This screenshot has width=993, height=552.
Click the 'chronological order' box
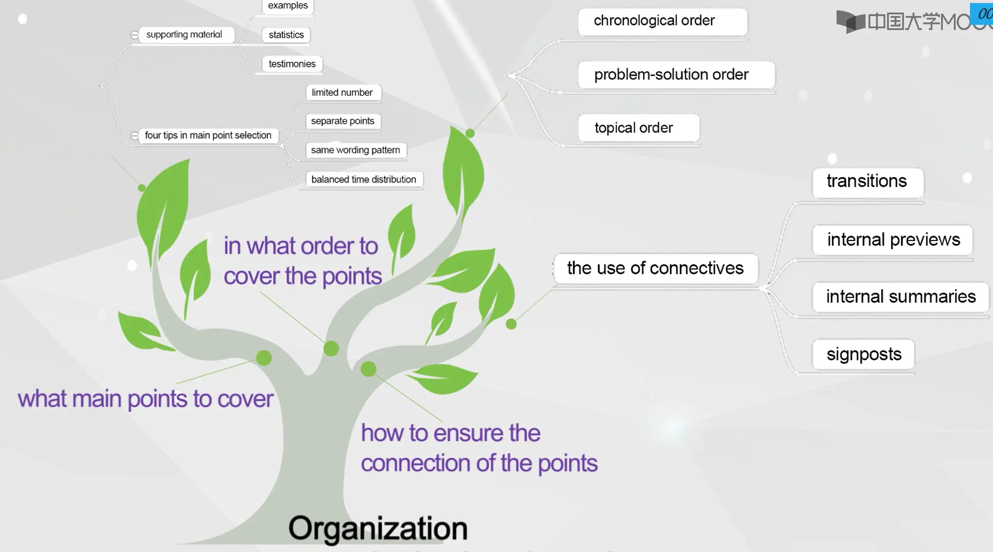(x=662, y=21)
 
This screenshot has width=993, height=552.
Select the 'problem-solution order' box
(x=676, y=75)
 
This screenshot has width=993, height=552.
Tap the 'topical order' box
(x=639, y=128)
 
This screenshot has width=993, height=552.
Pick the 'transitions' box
(x=868, y=182)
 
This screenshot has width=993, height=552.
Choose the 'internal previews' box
(x=892, y=240)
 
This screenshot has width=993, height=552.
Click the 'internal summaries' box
(x=900, y=297)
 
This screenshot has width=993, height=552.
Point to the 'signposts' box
(x=863, y=354)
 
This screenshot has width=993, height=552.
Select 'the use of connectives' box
(x=655, y=269)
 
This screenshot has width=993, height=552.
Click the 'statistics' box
(x=286, y=35)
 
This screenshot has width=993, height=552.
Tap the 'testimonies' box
(x=292, y=64)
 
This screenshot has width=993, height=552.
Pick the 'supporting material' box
(x=187, y=35)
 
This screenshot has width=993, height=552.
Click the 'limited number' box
(x=343, y=93)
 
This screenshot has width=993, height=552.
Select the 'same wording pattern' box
(x=356, y=150)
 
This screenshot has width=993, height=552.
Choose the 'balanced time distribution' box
(x=364, y=180)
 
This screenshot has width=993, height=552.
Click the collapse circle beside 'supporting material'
(x=135, y=35)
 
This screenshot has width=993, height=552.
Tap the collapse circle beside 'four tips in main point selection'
(x=135, y=136)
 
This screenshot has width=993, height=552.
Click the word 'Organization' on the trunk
(x=378, y=529)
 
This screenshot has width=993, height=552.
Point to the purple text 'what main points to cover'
(x=145, y=399)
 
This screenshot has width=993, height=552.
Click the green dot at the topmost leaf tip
(x=470, y=133)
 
